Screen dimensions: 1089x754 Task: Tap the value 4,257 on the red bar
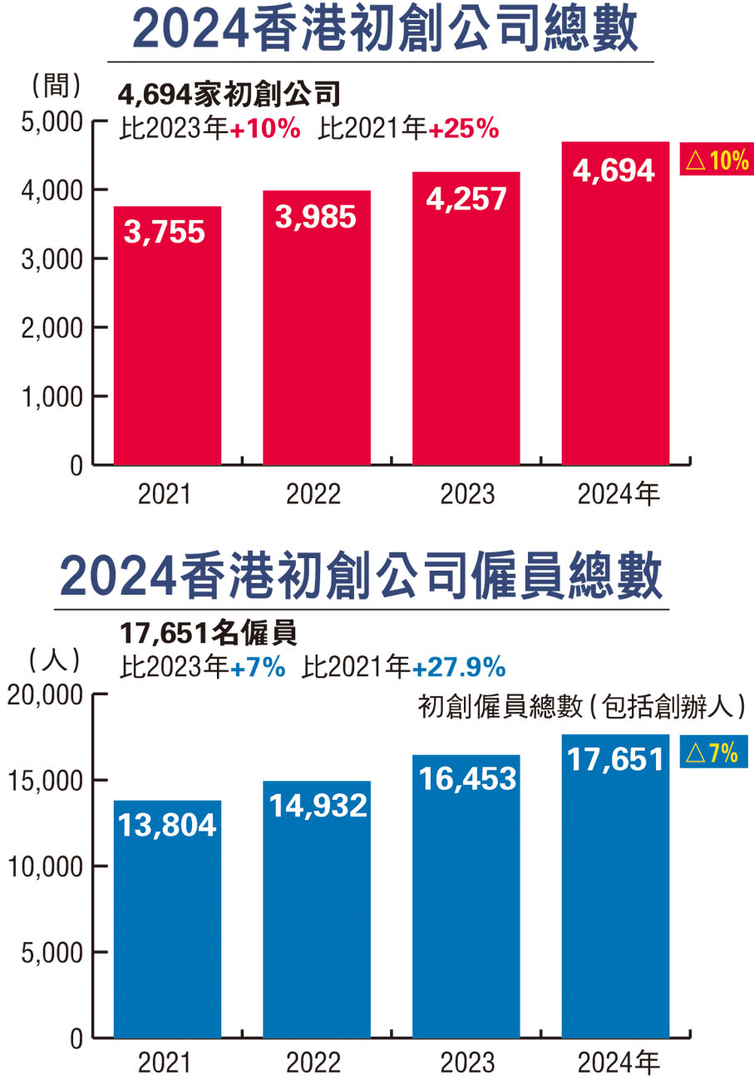466,199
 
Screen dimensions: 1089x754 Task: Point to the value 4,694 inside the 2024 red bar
615,170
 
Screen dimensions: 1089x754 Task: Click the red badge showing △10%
716,159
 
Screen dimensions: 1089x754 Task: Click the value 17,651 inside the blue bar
615,759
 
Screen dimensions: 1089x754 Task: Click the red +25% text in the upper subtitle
463,129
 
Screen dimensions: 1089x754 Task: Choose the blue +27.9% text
459,666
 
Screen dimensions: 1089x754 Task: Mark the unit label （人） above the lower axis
54,661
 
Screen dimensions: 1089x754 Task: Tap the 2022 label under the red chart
314,494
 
